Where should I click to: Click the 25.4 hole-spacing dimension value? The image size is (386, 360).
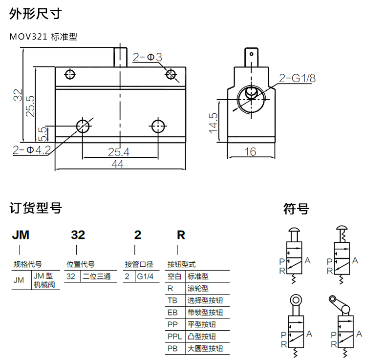click(x=118, y=152)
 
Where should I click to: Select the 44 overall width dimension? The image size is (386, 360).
click(x=117, y=164)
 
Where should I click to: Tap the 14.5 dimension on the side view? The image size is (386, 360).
click(x=213, y=123)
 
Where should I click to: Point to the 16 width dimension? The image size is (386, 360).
click(x=250, y=151)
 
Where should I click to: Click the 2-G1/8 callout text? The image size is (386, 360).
click(x=297, y=78)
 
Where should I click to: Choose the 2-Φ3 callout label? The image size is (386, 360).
click(x=148, y=57)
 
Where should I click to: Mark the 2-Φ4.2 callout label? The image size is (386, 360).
click(x=32, y=150)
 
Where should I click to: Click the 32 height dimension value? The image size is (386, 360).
click(x=18, y=95)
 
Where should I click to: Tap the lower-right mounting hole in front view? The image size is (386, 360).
click(x=158, y=126)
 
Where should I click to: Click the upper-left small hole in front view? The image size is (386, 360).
click(x=70, y=74)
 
